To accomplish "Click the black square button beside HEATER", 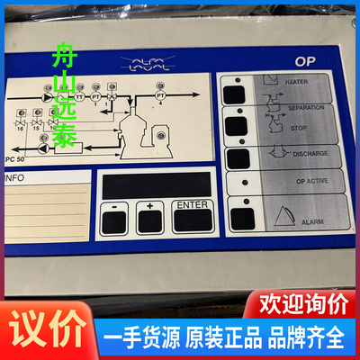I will tap(234, 93).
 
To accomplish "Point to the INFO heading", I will tap(15, 178).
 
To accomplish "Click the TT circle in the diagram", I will tap(80, 95).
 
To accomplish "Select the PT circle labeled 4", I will tap(161, 94).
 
